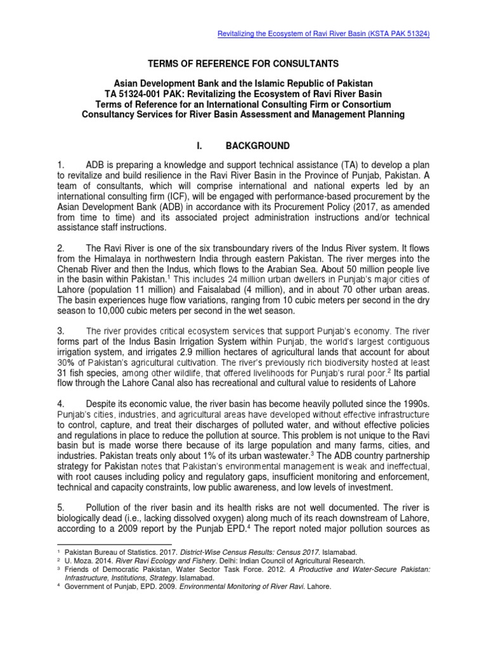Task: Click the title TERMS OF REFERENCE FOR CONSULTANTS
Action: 243,63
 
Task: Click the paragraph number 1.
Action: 62,166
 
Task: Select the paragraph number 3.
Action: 62,331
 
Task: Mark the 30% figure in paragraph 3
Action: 67,362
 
